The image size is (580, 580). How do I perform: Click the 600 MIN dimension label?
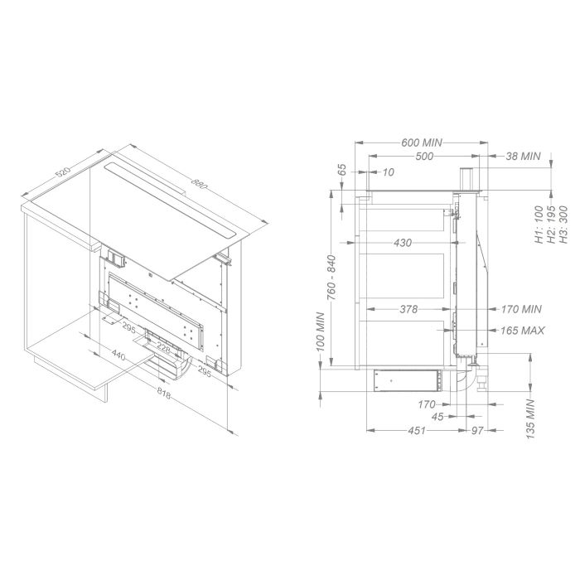[422, 143]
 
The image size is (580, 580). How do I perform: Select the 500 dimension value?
[424, 156]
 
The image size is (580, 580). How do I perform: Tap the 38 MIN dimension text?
[523, 156]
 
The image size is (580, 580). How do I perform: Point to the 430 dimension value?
[403, 243]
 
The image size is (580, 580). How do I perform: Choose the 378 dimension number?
[408, 309]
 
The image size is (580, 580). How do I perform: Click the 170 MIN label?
[521, 309]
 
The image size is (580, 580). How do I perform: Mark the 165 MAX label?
[522, 331]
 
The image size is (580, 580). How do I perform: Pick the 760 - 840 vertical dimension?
[331, 277]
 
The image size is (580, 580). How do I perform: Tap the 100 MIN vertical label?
[321, 331]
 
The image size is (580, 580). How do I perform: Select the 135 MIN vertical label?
[531, 419]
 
